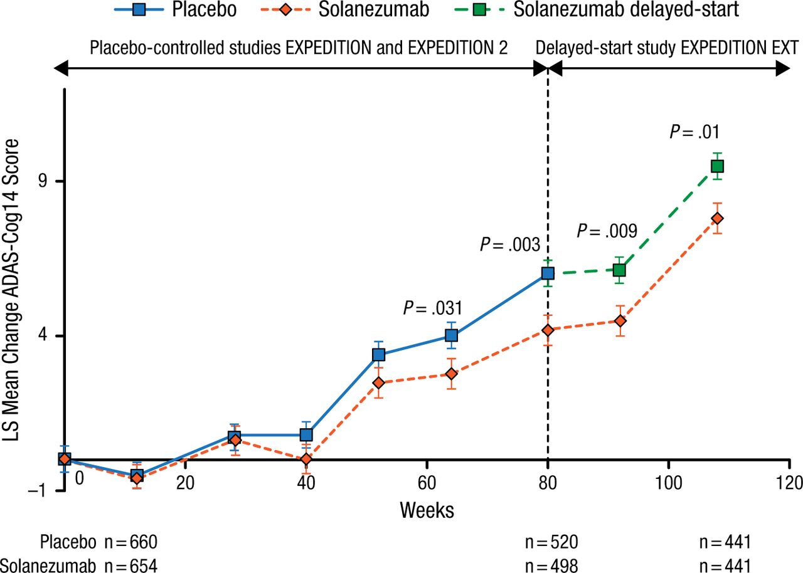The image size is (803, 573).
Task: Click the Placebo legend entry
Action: tap(175, 9)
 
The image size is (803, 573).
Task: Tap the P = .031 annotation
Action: tap(432, 308)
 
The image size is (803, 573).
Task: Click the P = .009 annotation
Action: tap(607, 231)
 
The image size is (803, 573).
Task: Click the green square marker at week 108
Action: tap(717, 166)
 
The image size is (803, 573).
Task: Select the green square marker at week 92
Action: tap(620, 270)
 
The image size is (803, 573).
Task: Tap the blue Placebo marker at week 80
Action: tap(548, 273)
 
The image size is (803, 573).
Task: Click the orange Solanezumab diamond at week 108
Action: tap(717, 218)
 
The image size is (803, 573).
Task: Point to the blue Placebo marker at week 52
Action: tap(378, 355)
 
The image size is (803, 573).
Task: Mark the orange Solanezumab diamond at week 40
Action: tap(306, 460)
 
